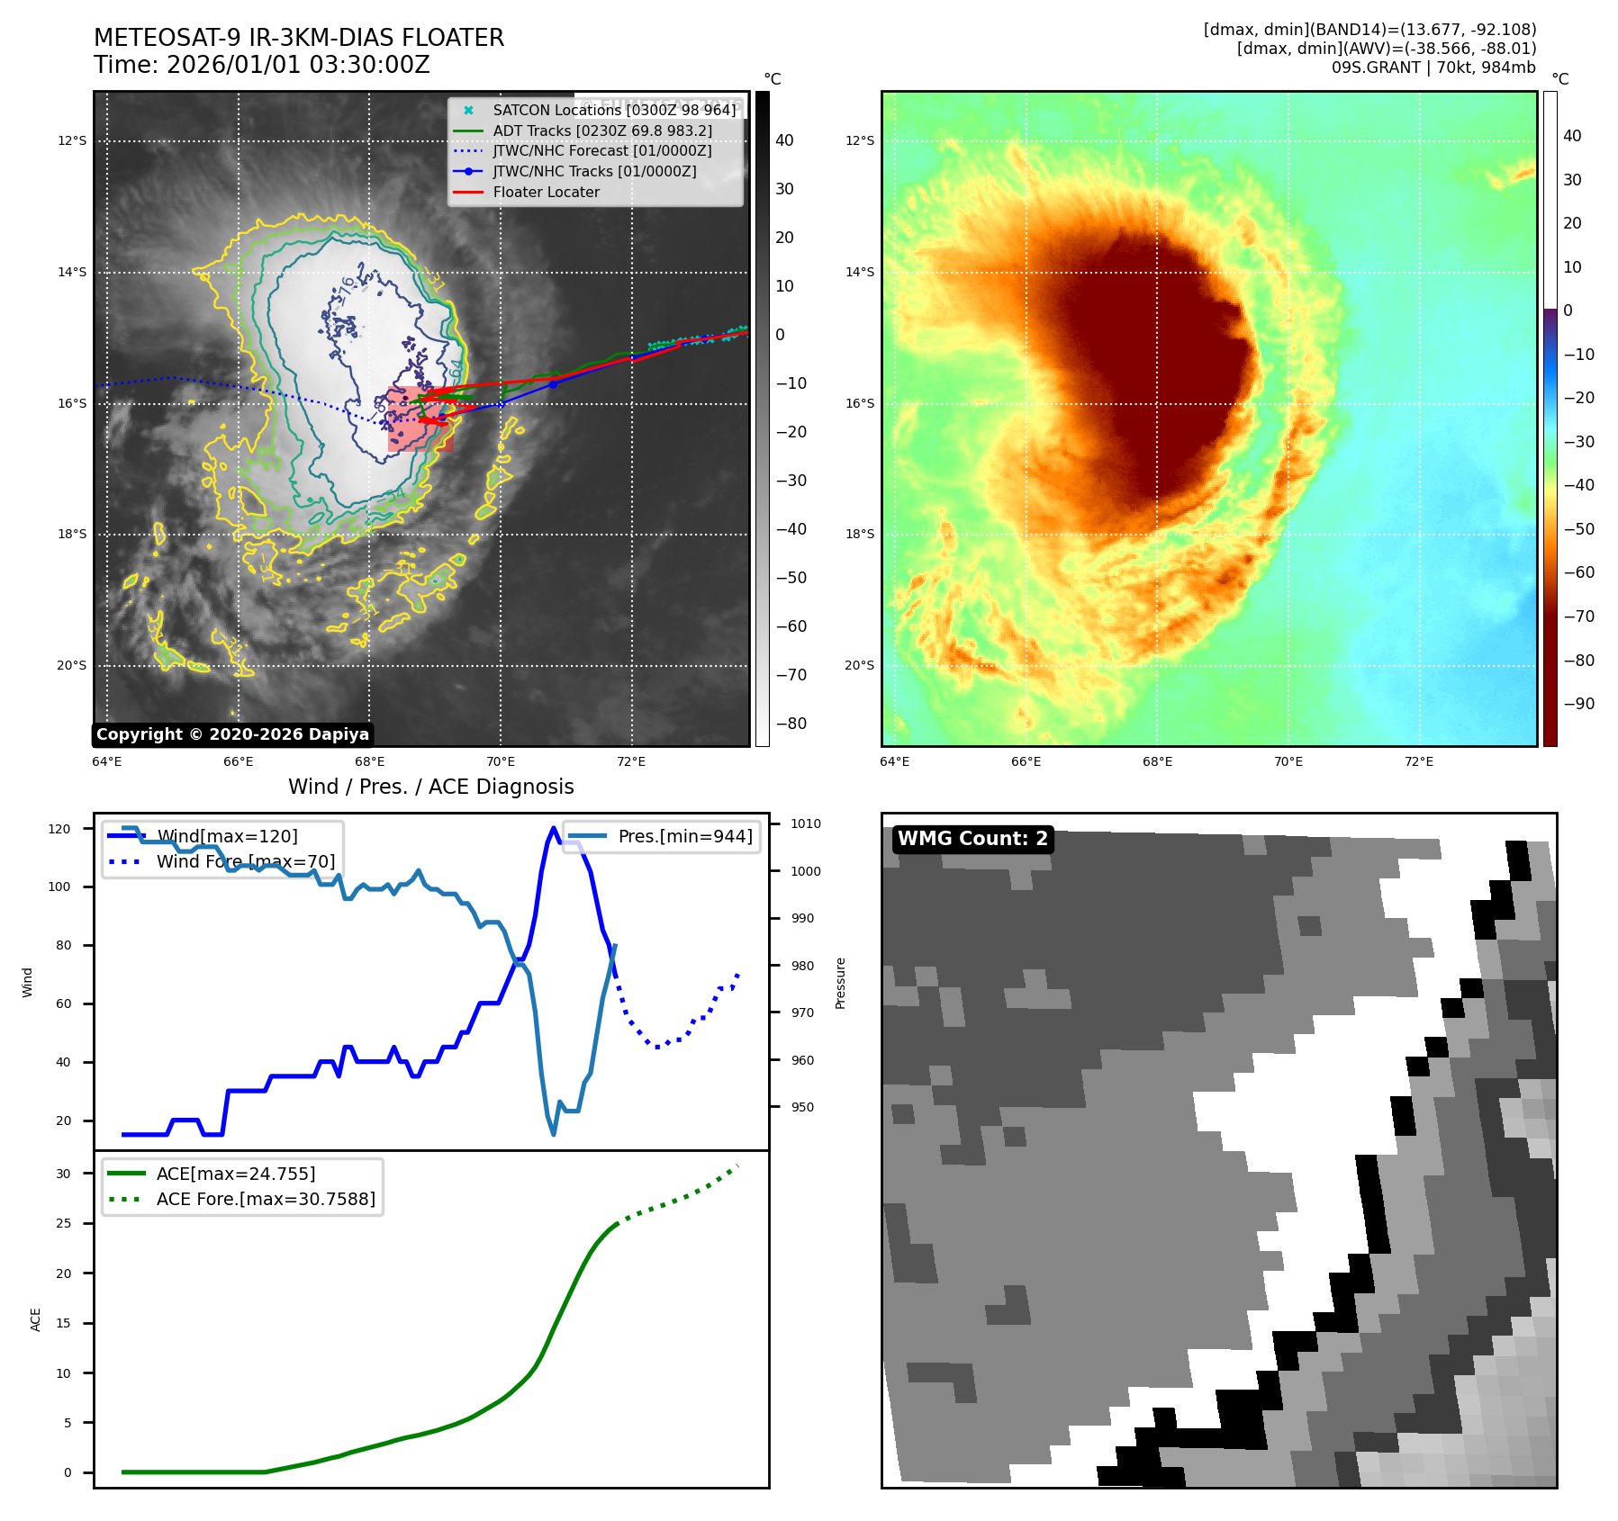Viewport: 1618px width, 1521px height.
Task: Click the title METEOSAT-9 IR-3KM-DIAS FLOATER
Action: coord(299,38)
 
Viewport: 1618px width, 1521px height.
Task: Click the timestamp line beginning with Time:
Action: coord(261,65)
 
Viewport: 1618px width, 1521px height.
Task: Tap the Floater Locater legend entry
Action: coord(546,192)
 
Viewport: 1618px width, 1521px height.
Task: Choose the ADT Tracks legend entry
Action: coord(601,130)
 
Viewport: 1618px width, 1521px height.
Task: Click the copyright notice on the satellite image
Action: coord(232,734)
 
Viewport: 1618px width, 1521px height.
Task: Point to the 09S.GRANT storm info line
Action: coord(1433,67)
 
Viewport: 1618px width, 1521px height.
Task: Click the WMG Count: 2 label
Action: coord(972,839)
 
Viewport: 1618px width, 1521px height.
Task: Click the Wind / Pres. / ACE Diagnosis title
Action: coord(430,787)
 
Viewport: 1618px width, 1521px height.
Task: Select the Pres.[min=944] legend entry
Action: coord(684,836)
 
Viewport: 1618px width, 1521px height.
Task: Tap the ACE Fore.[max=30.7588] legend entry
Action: coord(266,1199)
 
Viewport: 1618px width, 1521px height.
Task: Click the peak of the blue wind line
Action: coord(553,829)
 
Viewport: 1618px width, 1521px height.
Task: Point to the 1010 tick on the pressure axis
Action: coord(805,823)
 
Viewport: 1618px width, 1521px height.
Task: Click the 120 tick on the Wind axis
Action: coord(59,829)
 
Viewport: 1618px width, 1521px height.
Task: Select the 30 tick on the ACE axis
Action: coord(63,1174)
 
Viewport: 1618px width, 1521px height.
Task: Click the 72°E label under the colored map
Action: coord(1418,761)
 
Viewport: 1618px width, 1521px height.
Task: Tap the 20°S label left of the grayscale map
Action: coord(72,666)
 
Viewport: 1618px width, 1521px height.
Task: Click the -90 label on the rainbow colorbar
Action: coord(1578,704)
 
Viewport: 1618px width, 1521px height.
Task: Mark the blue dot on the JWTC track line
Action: coord(554,384)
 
